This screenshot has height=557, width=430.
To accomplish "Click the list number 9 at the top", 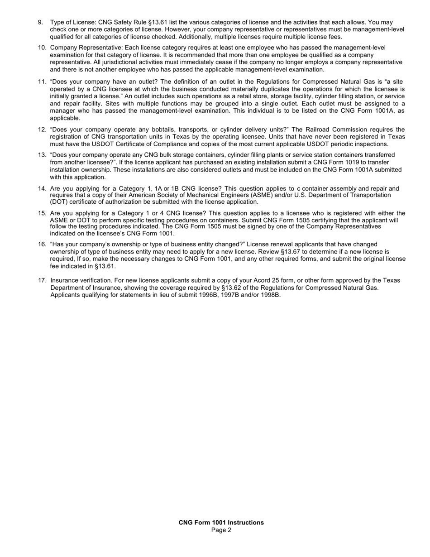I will [40, 22].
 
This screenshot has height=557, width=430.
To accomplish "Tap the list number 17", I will [42, 281].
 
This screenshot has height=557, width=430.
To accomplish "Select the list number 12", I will [42, 130].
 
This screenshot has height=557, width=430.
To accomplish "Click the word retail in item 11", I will [217, 96].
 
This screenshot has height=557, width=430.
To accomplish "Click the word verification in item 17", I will [93, 281].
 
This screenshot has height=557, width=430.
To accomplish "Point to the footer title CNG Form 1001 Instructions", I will [221, 523].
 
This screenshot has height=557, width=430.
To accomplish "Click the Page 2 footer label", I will [221, 530].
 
